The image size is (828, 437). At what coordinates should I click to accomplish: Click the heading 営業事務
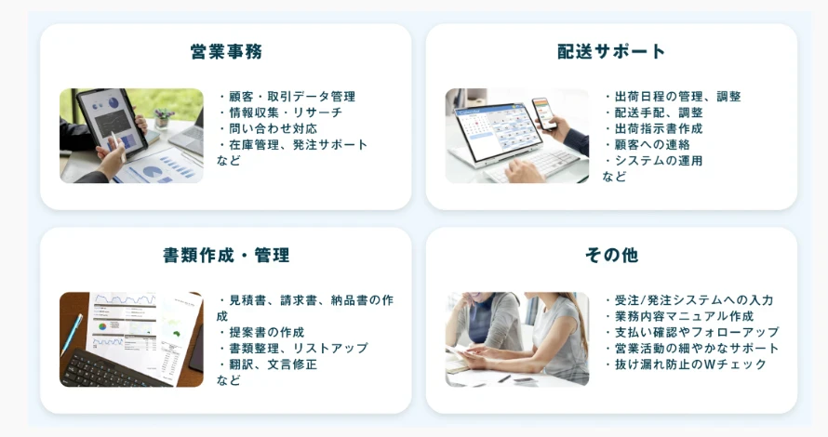pyautogui.click(x=226, y=52)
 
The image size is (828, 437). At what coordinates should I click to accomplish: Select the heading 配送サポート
pyautogui.click(x=611, y=52)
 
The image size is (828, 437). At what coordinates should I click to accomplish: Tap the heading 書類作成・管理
pyautogui.click(x=226, y=256)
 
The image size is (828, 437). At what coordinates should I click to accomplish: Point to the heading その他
pyautogui.click(x=611, y=256)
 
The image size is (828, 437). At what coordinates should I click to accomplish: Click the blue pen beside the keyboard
pyautogui.click(x=72, y=335)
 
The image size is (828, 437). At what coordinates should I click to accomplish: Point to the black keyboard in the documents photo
pyautogui.click(x=113, y=368)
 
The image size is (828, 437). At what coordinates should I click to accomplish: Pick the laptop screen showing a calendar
pyautogui.click(x=493, y=130)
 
